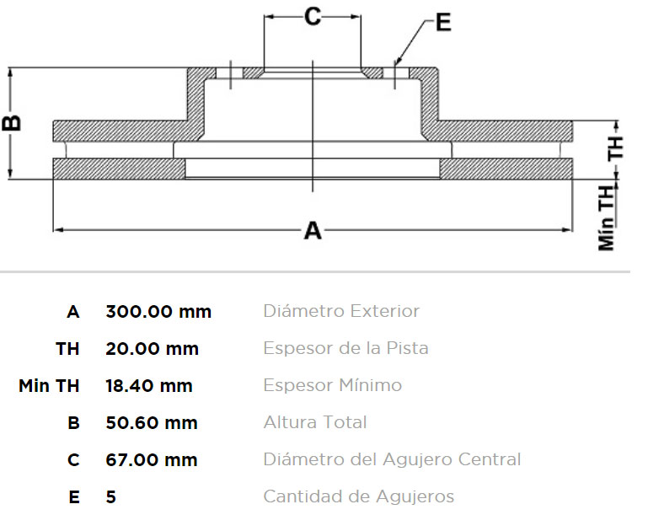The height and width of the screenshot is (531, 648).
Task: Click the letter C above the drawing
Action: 313,17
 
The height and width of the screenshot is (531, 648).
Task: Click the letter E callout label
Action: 443,22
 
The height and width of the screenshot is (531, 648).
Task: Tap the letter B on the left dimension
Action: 12,123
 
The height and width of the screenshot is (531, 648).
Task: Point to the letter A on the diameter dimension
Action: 313,230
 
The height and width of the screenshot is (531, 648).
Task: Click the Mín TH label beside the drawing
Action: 606,217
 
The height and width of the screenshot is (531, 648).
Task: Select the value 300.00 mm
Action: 158,312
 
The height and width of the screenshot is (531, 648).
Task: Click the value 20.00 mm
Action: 152,349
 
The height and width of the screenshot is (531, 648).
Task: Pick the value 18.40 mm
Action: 149,386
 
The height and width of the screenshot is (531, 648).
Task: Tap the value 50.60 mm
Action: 152,423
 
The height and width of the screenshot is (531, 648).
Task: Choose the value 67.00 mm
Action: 152,460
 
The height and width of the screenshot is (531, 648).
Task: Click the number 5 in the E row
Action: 110,496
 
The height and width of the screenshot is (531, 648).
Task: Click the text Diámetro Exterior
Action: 341,311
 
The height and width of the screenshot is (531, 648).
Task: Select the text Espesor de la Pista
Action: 345,348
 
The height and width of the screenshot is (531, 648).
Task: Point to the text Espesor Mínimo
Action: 333,385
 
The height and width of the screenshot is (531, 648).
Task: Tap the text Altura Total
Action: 315,422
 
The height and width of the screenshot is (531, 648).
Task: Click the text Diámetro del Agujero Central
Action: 392,459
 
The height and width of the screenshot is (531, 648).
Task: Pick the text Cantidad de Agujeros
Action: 359,496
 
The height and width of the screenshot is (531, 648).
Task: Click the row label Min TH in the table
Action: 49,386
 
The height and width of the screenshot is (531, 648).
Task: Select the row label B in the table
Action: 73,423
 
